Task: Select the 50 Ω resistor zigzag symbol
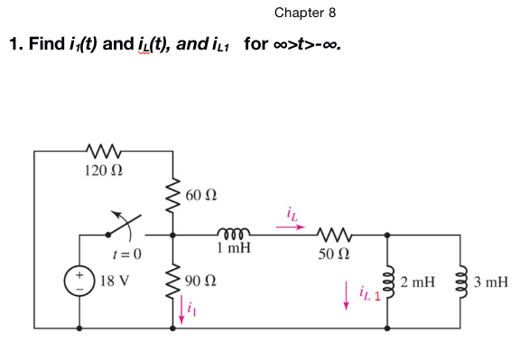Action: (332, 236)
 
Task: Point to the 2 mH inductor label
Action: (420, 282)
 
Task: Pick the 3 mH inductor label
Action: (490, 282)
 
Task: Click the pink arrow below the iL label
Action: (291, 227)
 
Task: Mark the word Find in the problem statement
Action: (46, 43)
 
